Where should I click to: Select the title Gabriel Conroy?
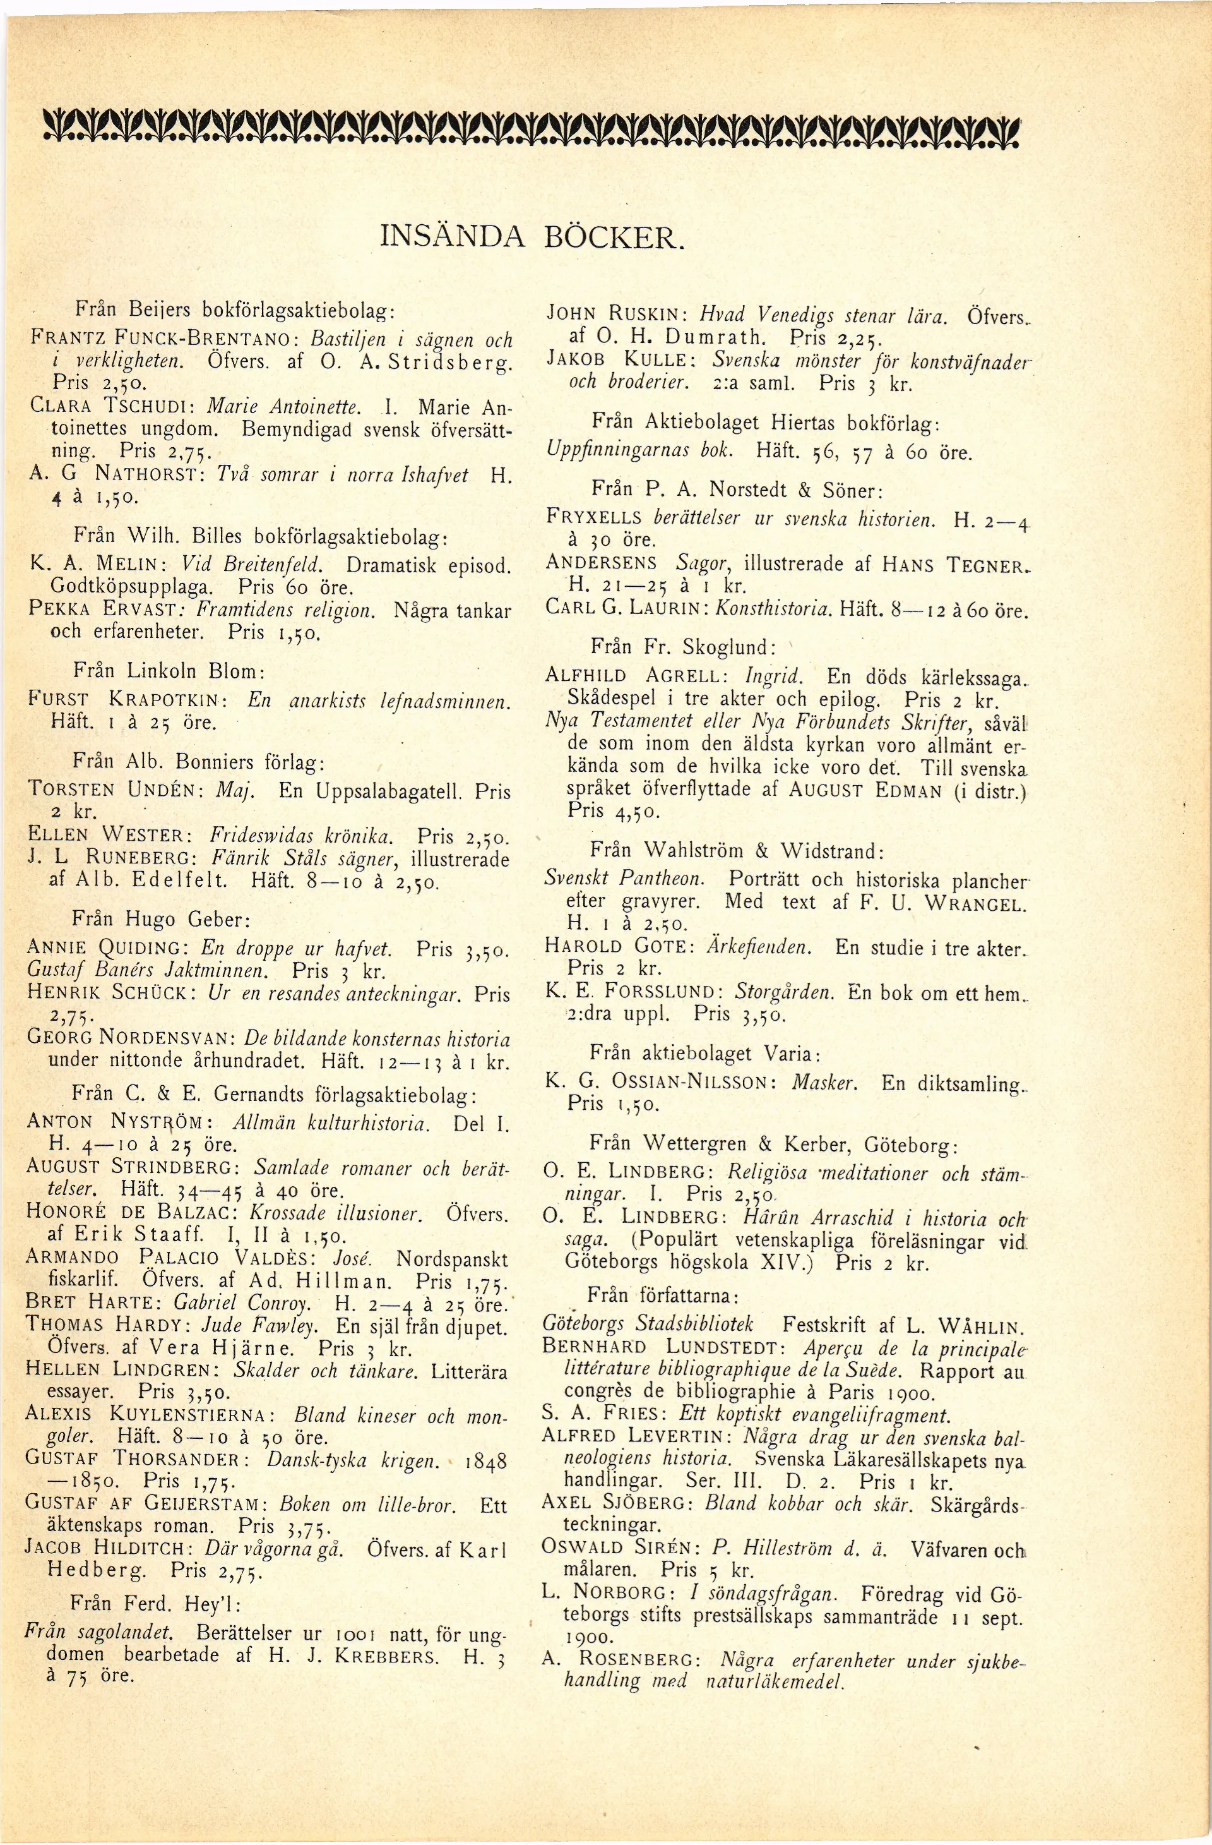click(241, 1302)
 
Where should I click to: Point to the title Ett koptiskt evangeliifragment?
click(814, 1415)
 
